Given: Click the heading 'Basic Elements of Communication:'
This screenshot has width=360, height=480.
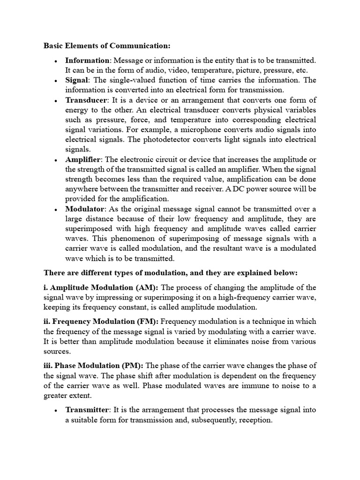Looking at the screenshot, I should pos(107,45).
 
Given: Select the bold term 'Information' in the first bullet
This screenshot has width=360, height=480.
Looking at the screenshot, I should pos(87,60).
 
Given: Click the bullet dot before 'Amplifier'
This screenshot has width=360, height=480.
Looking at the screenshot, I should pos(56,160).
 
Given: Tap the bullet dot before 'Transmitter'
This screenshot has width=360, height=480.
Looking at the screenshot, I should pos(56,410).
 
